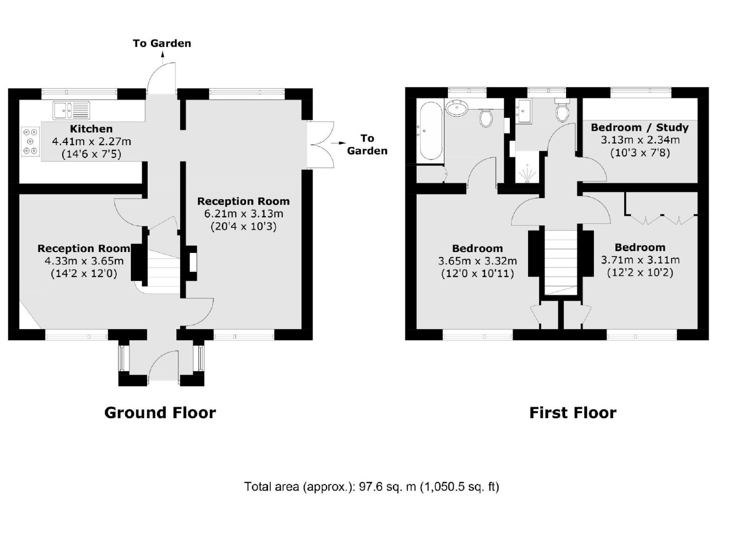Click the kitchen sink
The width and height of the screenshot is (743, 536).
tap(72, 110)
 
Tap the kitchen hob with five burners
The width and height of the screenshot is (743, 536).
tap(31, 141)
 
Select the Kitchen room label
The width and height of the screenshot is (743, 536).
tap(91, 129)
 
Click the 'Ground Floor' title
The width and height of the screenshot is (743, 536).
tap(160, 413)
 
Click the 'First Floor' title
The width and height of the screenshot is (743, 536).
tap(573, 413)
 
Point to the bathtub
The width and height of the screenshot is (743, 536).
tap(431, 131)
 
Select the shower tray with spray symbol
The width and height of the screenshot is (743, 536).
tap(527, 167)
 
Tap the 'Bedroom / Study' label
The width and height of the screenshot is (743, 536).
tap(640, 127)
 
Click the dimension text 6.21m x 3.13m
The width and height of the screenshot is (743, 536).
tap(244, 214)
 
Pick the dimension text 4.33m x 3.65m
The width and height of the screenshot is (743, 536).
tap(84, 261)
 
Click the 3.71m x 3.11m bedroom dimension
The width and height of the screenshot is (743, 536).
tap(640, 260)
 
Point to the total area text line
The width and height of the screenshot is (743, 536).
tap(371, 487)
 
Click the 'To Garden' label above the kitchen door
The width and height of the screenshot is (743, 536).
tap(162, 44)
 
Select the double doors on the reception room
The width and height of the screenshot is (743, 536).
tap(320, 145)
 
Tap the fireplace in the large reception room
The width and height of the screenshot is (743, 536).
tap(190, 263)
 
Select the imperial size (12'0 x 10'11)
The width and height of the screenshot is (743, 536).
tap(478, 273)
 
